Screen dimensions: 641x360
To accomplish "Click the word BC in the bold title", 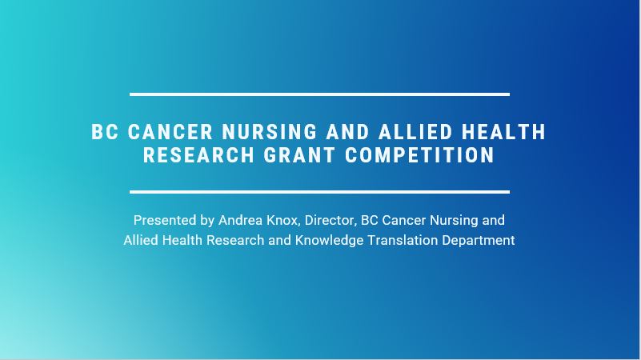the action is (x=105, y=132).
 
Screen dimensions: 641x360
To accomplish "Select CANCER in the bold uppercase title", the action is (x=170, y=132).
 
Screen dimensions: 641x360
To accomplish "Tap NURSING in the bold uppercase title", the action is (x=270, y=132).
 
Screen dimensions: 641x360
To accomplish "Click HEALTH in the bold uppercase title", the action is (x=504, y=132).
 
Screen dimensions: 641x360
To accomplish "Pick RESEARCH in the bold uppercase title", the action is (x=198, y=155).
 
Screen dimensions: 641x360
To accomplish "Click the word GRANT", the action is (x=299, y=155).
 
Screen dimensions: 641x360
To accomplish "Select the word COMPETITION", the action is (x=420, y=155).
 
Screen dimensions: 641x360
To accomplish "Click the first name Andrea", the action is (x=240, y=220).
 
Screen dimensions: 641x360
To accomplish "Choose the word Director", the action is (x=331, y=221).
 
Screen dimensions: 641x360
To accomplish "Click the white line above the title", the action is (x=319, y=94).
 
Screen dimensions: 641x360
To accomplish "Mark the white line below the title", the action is (x=319, y=192).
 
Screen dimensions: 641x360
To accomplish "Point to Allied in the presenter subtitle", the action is (x=141, y=240).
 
